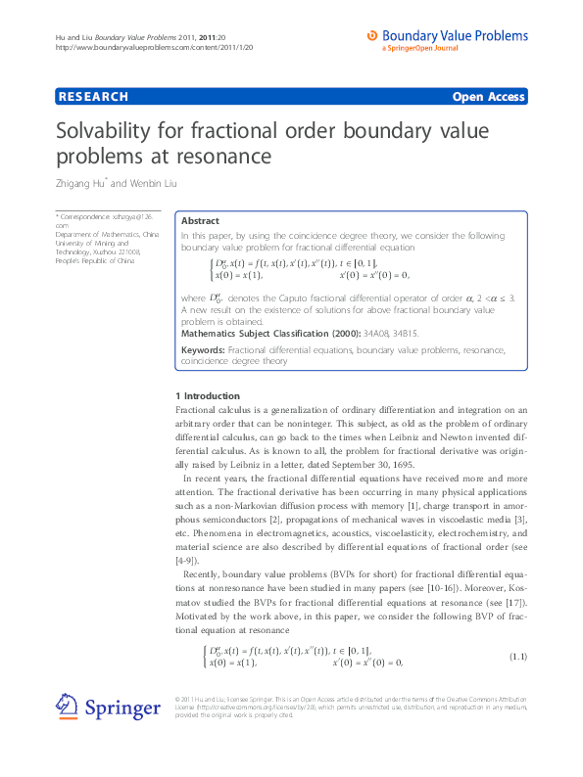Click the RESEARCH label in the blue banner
tap(94, 97)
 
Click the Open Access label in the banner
tap(488, 97)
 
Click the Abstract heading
tap(200, 221)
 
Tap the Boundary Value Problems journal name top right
tap(456, 36)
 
